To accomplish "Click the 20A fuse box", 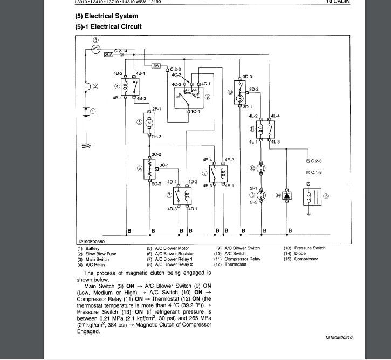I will click(108, 55).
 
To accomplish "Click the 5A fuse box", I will click(156, 65).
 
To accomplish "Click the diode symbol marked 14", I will click(287, 196).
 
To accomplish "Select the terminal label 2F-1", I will click(157, 109).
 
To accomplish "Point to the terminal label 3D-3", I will click(248, 77).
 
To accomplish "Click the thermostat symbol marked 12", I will click(262, 168).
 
